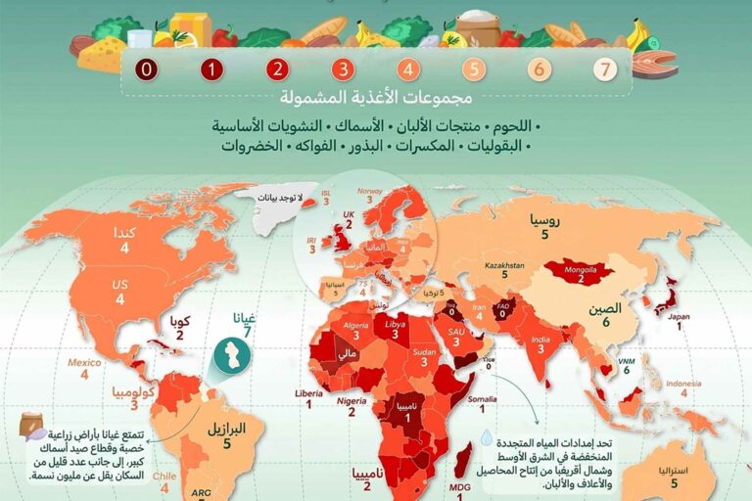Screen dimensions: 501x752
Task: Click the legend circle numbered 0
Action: point(147,69)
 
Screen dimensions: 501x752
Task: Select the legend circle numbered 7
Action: point(605,69)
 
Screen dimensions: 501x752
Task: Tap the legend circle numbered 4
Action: point(408,69)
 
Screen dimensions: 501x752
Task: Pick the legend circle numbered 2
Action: point(278,69)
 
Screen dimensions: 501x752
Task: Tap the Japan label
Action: point(680,316)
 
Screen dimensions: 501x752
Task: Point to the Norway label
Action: point(369,192)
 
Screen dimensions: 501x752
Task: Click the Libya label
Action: point(396,323)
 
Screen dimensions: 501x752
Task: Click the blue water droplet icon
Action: point(487,441)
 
